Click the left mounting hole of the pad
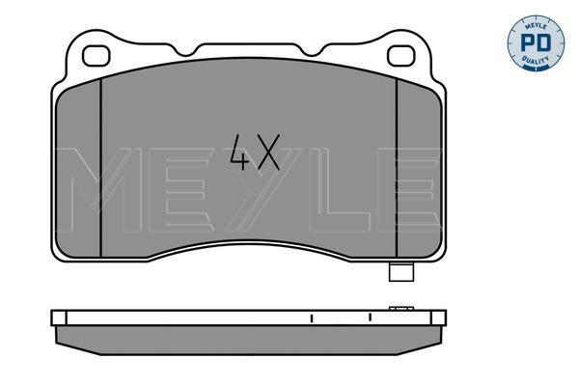coord(96,56)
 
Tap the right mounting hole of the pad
coord(401,56)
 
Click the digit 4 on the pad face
coord(239,152)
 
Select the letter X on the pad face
coord(269,152)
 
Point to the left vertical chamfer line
coord(100,168)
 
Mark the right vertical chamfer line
coord(397,168)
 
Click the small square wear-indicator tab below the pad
coord(401,272)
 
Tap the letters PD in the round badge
coord(536,42)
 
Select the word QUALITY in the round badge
coord(536,60)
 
